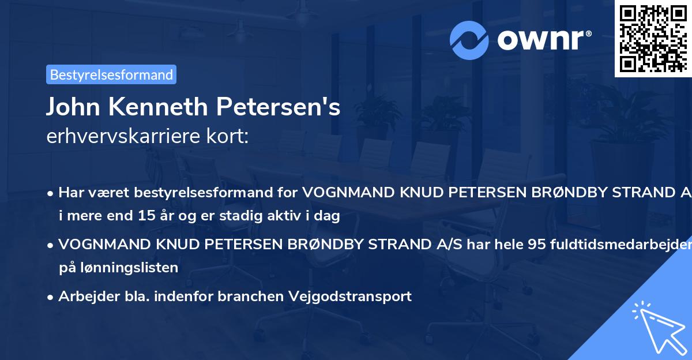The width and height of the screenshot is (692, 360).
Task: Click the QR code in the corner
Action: (653, 38)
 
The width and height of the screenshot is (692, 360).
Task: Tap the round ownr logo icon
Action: (469, 40)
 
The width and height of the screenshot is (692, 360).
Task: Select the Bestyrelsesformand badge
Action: (111, 74)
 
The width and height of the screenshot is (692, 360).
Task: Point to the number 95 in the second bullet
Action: (537, 245)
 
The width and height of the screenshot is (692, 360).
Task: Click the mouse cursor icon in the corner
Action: (657, 327)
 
